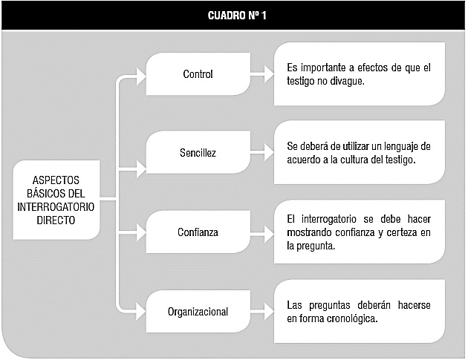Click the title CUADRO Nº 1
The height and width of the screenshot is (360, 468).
(237, 16)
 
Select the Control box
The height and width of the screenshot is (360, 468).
(198, 74)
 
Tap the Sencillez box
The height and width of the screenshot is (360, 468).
(198, 152)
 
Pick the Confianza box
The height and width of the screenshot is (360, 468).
(198, 232)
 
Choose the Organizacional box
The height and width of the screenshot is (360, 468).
(198, 312)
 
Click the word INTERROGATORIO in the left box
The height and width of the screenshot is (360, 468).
(56, 207)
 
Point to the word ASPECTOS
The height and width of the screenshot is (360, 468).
(56, 180)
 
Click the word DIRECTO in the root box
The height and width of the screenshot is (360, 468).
(56, 220)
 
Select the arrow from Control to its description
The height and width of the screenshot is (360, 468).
(262, 74)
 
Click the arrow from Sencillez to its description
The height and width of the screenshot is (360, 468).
(262, 152)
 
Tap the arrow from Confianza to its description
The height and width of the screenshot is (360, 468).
(262, 233)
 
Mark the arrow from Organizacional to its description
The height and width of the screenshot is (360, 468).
(262, 312)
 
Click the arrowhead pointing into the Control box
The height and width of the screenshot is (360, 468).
(141, 76)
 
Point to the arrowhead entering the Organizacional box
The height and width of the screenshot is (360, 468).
(141, 312)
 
